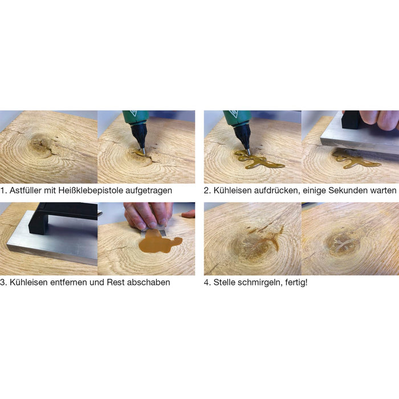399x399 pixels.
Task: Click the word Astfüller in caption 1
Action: (25, 190)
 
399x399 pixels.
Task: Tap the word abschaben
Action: (148, 282)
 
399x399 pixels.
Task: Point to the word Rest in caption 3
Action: (116, 282)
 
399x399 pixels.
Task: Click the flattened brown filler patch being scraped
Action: (158, 242)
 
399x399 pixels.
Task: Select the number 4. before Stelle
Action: (207, 283)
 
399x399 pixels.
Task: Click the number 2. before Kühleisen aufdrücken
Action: (207, 190)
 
